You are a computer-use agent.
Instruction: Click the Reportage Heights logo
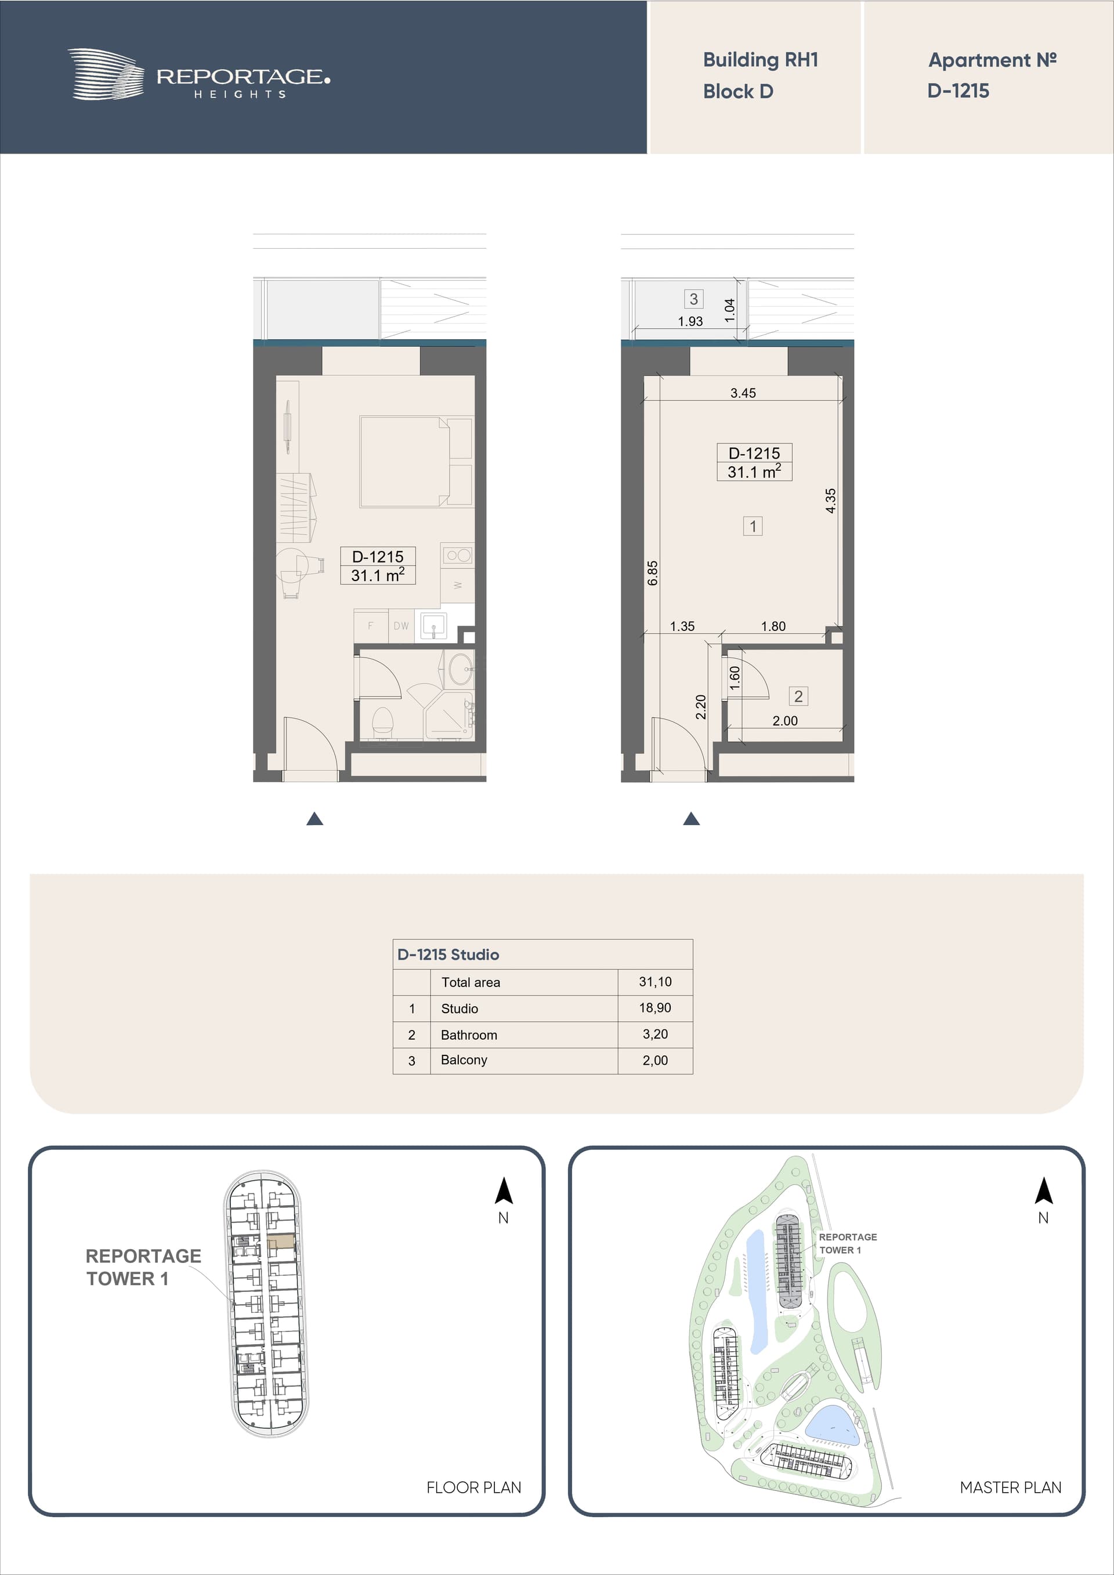click(x=199, y=75)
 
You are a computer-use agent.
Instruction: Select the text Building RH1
click(x=761, y=60)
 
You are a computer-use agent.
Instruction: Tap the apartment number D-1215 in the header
click(x=958, y=90)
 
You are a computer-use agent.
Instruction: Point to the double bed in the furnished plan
click(x=405, y=462)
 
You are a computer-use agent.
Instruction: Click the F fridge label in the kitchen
click(x=371, y=626)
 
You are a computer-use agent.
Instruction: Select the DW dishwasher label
click(x=401, y=626)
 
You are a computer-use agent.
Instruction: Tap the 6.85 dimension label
click(x=653, y=573)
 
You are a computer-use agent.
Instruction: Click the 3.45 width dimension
click(x=743, y=393)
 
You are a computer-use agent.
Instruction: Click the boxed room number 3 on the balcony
click(x=694, y=299)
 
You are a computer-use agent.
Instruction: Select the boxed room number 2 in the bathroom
click(x=798, y=696)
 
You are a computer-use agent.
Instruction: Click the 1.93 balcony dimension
click(x=690, y=321)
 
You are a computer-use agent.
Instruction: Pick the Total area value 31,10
click(x=656, y=982)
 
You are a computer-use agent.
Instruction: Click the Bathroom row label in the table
click(x=469, y=1035)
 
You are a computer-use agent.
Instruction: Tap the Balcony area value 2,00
click(x=656, y=1060)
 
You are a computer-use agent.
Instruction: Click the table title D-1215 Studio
click(x=448, y=954)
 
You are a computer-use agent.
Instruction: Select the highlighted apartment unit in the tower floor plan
click(x=281, y=1241)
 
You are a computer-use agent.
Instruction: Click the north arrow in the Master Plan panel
click(x=1043, y=1192)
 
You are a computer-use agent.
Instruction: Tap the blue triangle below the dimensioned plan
click(x=691, y=819)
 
